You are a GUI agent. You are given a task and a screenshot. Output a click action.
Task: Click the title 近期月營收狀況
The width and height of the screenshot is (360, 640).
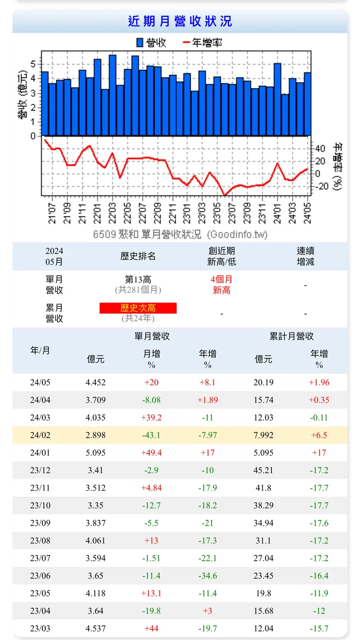pyautogui.click(x=180, y=21)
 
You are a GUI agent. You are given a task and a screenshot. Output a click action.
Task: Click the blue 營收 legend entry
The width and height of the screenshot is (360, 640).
pyautogui.click(x=151, y=43)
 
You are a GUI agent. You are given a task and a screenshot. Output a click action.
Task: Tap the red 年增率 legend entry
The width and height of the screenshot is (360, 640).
pyautogui.click(x=203, y=43)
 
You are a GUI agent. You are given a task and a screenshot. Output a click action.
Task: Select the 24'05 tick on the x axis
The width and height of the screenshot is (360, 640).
pyautogui.click(x=307, y=213)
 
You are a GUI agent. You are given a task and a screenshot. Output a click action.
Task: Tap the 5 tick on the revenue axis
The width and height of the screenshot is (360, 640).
pyautogui.click(x=33, y=63)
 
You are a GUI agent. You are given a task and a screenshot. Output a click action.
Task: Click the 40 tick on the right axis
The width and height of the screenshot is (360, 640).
pyautogui.click(x=321, y=149)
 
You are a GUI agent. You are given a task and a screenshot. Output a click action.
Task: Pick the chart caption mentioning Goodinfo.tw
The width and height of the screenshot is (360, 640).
pyautogui.click(x=180, y=234)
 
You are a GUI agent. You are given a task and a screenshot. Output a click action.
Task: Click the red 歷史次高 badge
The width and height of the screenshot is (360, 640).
pyautogui.click(x=138, y=308)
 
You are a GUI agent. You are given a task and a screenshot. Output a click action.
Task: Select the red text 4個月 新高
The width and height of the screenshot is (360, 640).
pyautogui.click(x=221, y=285)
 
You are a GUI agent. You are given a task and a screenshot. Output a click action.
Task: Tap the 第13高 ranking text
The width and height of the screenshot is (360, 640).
pyautogui.click(x=138, y=280)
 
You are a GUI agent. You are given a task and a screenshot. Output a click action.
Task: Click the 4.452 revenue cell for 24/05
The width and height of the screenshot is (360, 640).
pyautogui.click(x=95, y=382)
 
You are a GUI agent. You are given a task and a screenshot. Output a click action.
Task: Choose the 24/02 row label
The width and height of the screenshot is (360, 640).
pyautogui.click(x=40, y=435)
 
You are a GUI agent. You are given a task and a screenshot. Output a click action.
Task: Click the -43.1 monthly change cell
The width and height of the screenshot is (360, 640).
pyautogui.click(x=152, y=435)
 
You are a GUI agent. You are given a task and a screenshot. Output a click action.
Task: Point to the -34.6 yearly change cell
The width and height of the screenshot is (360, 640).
pyautogui.click(x=208, y=576)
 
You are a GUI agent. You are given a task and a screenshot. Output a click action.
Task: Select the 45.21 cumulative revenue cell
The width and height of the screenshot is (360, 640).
pyautogui.click(x=263, y=470)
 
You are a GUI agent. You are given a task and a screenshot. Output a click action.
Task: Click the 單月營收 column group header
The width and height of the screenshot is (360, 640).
pyautogui.click(x=152, y=336)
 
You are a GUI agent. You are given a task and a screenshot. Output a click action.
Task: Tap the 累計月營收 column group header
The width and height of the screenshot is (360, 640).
pyautogui.click(x=291, y=336)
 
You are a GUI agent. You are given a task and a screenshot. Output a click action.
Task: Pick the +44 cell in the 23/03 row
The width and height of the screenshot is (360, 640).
pyautogui.click(x=152, y=628)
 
